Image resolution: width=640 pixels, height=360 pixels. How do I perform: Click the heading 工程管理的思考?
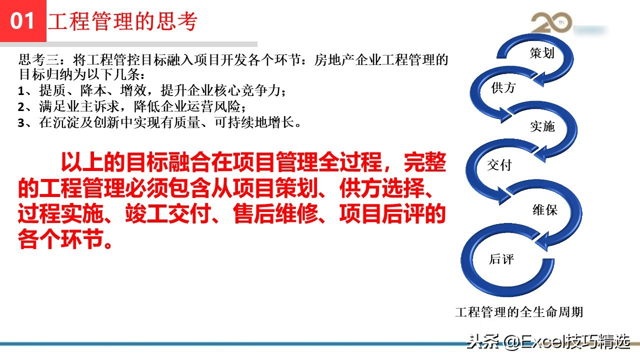[123, 21]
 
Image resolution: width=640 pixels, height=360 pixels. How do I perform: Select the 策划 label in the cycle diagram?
[542, 53]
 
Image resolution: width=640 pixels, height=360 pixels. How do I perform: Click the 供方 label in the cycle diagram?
[503, 88]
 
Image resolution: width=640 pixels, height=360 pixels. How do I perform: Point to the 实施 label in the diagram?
[542, 126]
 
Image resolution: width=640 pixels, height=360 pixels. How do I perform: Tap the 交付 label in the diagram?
[499, 164]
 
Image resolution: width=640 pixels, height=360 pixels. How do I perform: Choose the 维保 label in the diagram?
[544, 210]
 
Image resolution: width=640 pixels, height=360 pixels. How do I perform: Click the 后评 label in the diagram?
[501, 259]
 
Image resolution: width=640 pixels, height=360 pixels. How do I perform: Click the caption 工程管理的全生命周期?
[519, 312]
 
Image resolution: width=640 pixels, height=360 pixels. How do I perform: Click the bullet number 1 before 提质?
[21, 92]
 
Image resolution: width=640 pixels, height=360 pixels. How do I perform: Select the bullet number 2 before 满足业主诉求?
[21, 107]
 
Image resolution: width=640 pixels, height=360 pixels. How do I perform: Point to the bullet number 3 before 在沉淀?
[21, 123]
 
